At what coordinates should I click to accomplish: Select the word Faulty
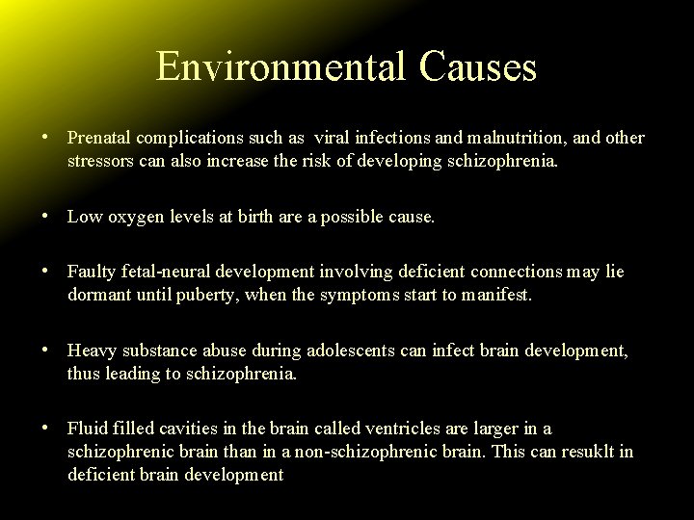(x=91, y=273)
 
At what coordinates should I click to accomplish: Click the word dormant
(x=99, y=294)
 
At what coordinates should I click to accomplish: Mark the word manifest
(x=496, y=294)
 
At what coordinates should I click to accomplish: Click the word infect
(x=449, y=352)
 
